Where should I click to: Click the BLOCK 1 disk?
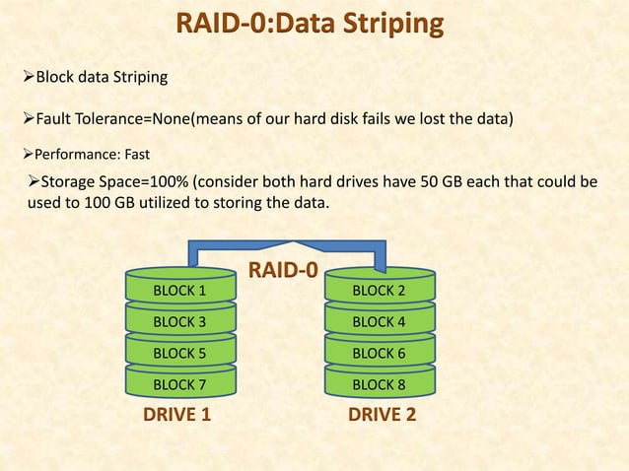tap(180, 291)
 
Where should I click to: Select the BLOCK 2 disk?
tap(379, 291)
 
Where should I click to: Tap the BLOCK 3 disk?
tap(180, 322)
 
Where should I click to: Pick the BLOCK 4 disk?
tap(379, 322)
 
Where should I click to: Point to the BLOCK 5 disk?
tap(180, 353)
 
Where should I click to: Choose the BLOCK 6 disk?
tap(379, 353)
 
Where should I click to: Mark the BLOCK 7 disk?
tap(180, 383)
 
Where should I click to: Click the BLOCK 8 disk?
tap(379, 383)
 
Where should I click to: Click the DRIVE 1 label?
tap(177, 415)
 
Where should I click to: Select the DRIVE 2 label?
tap(383, 415)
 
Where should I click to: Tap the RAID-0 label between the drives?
tap(282, 269)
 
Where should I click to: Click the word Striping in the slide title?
tap(386, 23)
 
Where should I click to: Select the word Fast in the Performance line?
tap(137, 154)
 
